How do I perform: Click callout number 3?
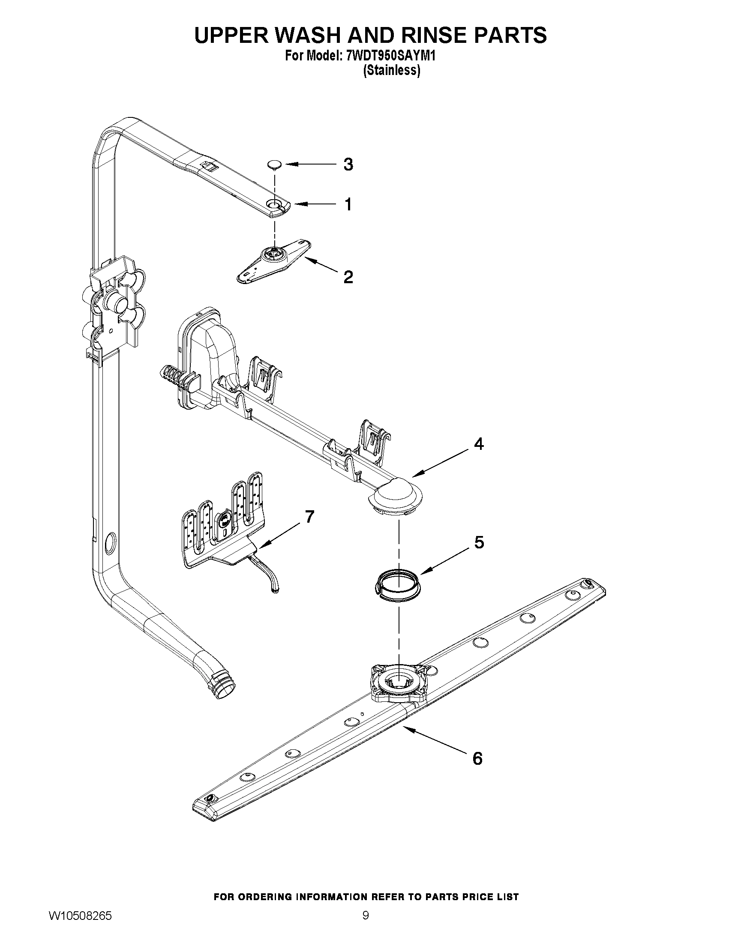pos(348,165)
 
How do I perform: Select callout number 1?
pos(348,204)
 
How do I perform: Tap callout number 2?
pos(348,277)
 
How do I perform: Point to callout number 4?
pos(479,444)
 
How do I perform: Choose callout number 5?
pos(479,543)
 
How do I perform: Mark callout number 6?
pos(477,759)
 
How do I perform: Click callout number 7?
pos(310,516)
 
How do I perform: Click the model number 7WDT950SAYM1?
pos(391,56)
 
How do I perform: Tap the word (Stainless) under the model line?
pos(391,70)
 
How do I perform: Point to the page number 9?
pos(366,924)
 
